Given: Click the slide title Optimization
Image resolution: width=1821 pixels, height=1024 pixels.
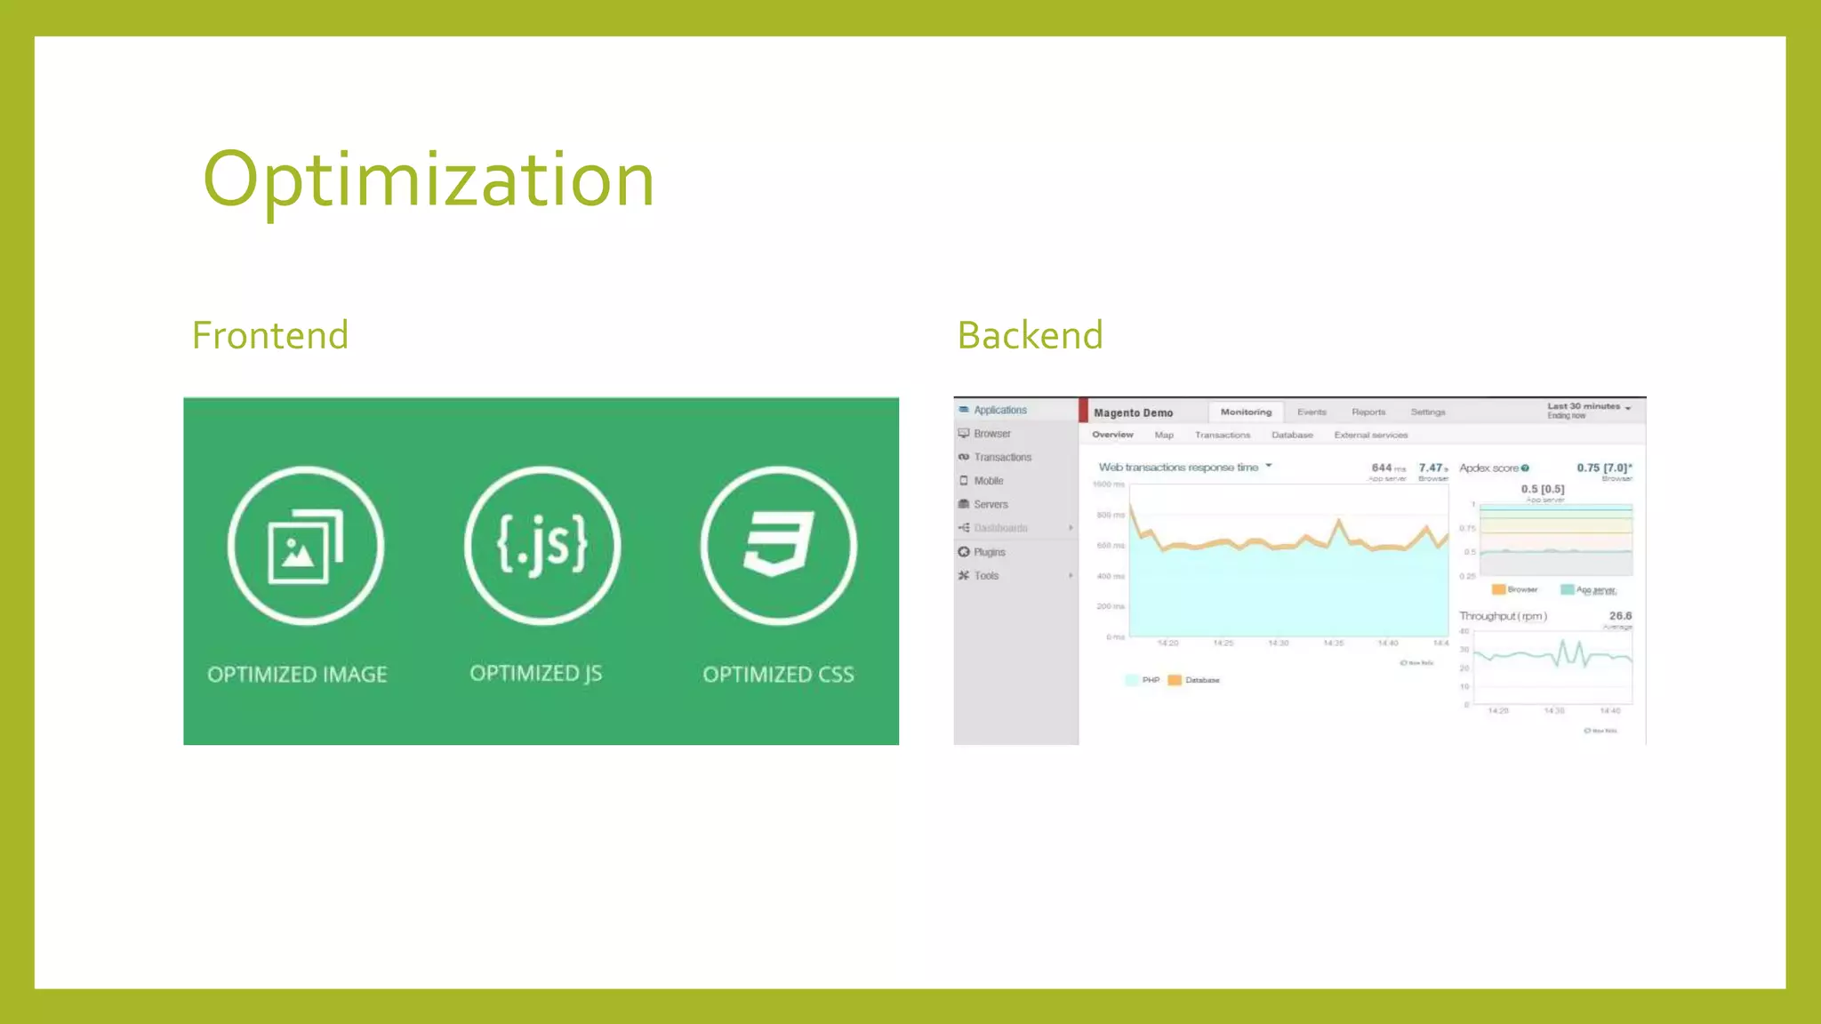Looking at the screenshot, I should tap(429, 180).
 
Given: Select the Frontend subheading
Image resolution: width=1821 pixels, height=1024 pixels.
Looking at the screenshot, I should tap(270, 336).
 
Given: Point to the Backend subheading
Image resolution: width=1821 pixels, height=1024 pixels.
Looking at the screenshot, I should tap(1030, 336).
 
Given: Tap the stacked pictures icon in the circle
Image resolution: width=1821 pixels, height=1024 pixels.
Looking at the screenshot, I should tap(306, 546).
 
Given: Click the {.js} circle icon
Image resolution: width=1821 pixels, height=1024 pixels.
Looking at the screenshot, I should tap(542, 544).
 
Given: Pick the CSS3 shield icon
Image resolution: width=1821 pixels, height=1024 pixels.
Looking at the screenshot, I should tap(779, 544).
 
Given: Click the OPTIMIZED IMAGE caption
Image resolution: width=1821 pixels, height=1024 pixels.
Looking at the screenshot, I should tap(297, 675).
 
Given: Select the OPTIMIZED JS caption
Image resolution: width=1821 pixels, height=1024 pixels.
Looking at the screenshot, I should tap(536, 673).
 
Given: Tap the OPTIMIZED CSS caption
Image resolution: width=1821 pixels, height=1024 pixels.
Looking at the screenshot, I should tap(778, 675).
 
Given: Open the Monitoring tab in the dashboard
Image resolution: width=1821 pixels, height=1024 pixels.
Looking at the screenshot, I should tap(1246, 412).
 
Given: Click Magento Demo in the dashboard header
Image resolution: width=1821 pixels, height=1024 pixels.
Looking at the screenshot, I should tap(1133, 413).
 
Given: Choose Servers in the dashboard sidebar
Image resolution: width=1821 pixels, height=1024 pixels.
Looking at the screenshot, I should tap(991, 505).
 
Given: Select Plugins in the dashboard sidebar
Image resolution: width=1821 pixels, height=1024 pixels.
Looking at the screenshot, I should tap(989, 552).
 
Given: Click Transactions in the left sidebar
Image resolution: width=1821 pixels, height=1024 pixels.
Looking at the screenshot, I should tap(1002, 458).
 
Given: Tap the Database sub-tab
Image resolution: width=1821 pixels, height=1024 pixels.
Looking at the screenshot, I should tap(1292, 436).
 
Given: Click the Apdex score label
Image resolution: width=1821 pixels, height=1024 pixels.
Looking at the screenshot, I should tap(1489, 468).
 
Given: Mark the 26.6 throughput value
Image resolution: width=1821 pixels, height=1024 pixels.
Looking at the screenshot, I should tap(1620, 616).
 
